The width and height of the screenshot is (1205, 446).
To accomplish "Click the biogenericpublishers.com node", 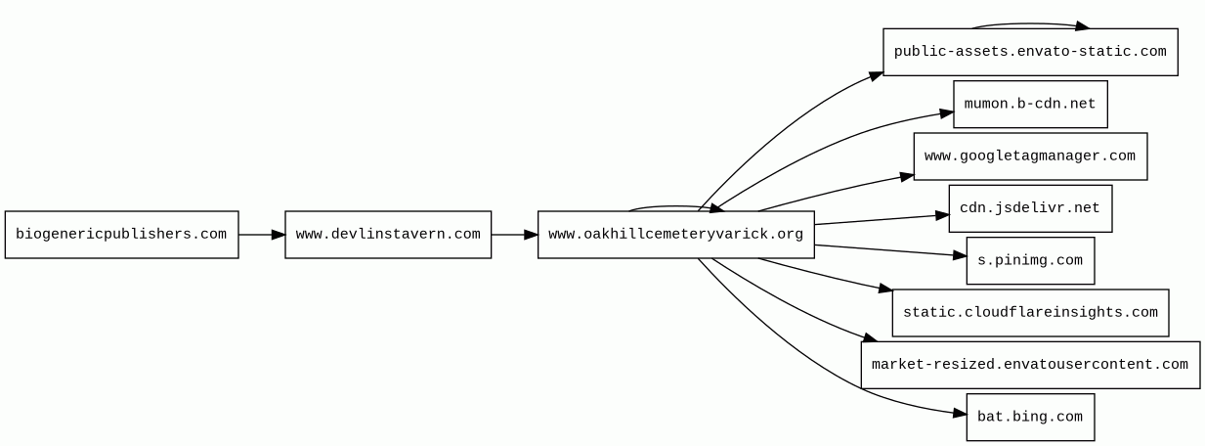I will (121, 235).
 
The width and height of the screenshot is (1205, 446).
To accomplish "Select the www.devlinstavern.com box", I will (388, 235).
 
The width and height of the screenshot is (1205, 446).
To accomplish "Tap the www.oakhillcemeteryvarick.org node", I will (675, 235).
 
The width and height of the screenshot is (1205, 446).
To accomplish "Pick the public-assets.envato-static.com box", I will (1030, 52).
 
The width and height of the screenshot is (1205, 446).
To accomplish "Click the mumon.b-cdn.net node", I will (1030, 104).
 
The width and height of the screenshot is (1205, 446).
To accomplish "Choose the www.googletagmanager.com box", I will (1030, 156).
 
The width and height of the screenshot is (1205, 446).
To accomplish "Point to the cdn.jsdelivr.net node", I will (1030, 208).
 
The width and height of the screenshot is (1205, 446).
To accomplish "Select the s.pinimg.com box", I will (1030, 260).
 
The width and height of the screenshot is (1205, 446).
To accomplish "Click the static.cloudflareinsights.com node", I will (1030, 313).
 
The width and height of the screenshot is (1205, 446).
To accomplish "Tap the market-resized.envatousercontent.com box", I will (1030, 365).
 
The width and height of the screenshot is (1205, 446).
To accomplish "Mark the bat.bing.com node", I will (1030, 417).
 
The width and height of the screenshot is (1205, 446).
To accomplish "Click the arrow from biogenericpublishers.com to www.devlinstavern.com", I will (262, 235).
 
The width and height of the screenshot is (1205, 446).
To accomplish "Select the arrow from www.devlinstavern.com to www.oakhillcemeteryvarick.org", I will (514, 235).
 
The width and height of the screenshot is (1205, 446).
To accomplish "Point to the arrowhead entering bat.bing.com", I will (959, 414).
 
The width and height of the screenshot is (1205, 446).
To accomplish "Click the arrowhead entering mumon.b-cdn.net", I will (946, 113).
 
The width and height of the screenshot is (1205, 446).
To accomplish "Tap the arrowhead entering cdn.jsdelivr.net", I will (941, 215).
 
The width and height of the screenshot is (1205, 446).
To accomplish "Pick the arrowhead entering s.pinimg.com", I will (959, 255).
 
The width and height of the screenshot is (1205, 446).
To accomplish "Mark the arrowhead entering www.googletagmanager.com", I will (906, 177).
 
